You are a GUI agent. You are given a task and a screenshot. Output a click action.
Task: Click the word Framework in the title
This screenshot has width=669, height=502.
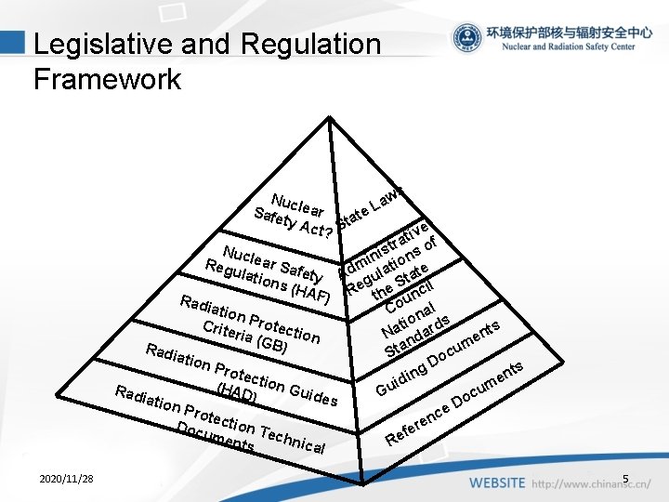point(107,79)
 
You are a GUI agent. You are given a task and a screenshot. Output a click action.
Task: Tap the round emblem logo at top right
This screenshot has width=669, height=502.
point(466,38)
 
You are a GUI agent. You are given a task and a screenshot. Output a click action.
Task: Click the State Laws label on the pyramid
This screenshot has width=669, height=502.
point(372,202)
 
